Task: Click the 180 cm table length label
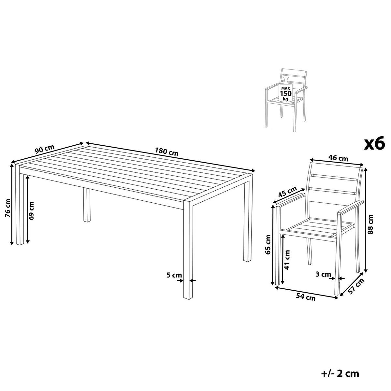[x=167, y=152]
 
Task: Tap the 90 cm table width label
[x=44, y=149]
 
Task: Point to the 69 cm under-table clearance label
[x=32, y=210]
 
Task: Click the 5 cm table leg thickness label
[x=174, y=275]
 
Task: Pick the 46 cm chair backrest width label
[x=339, y=158]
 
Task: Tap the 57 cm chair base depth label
[x=356, y=286]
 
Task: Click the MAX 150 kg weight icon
[x=286, y=90]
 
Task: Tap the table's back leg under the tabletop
[x=87, y=205]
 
